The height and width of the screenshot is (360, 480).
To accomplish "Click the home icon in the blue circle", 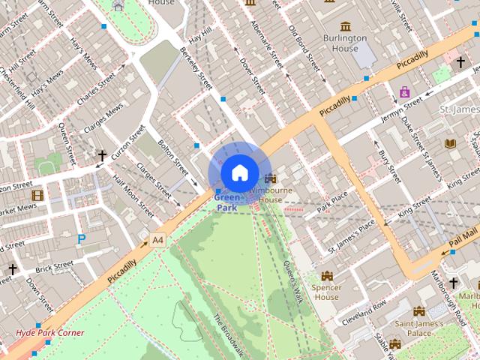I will pyautogui.click(x=238, y=172).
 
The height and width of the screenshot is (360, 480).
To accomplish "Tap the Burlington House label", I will pyautogui.click(x=344, y=43).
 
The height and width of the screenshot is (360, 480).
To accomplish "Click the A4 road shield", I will pyautogui.click(x=156, y=240).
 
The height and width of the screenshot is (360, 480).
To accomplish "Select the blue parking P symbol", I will pyautogui.click(x=81, y=239).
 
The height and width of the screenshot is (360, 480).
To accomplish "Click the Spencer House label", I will pyautogui.click(x=327, y=292).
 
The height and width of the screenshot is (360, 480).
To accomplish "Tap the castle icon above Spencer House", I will pyautogui.click(x=326, y=275).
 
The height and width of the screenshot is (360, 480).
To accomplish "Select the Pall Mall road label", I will pyautogui.click(x=463, y=239).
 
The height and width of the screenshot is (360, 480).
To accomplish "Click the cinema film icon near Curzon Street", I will pyautogui.click(x=37, y=195).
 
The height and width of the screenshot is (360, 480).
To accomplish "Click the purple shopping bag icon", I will pyautogui.click(x=405, y=92).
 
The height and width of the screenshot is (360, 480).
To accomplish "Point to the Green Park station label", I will pyautogui.click(x=228, y=202).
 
